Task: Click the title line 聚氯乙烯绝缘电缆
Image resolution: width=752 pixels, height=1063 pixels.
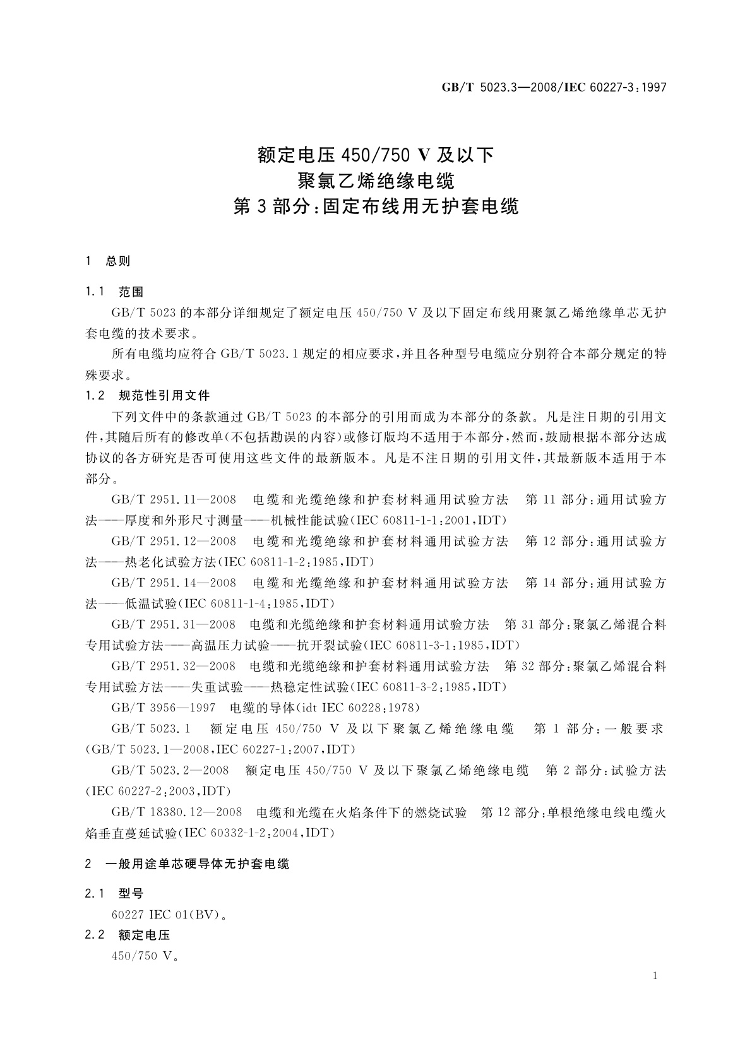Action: pyautogui.click(x=376, y=181)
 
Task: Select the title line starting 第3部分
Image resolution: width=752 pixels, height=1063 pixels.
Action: pyautogui.click(x=376, y=207)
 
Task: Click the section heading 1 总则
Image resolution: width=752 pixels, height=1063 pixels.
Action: pyautogui.click(x=108, y=261)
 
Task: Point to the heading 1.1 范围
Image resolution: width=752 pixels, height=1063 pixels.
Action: pyautogui.click(x=114, y=292)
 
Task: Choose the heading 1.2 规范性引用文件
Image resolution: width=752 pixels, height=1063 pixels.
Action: pyautogui.click(x=147, y=396)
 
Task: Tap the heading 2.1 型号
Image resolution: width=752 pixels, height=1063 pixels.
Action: pyautogui.click(x=114, y=894)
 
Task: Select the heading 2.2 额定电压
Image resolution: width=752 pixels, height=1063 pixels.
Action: pyautogui.click(x=128, y=935)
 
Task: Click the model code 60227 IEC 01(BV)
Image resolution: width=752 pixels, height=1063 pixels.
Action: pyautogui.click(x=169, y=915)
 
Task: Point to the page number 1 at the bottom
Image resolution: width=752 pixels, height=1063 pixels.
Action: pyautogui.click(x=655, y=976)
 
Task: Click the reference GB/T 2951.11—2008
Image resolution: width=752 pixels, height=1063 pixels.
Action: pyautogui.click(x=174, y=500)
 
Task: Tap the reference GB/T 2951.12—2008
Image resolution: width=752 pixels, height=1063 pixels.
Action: pyautogui.click(x=174, y=542)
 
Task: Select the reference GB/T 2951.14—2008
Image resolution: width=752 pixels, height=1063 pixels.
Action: pyautogui.click(x=174, y=583)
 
